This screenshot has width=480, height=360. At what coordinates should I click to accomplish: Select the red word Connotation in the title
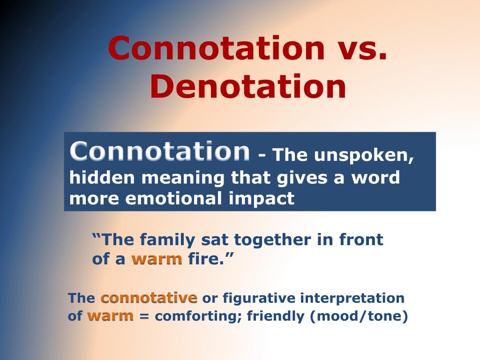point(216,48)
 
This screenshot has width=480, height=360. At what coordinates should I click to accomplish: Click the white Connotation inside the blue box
point(160,151)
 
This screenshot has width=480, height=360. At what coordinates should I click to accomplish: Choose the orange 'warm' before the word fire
point(157,259)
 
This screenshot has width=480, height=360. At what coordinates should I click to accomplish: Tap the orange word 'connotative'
point(149,298)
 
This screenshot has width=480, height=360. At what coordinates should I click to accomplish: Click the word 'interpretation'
point(352,298)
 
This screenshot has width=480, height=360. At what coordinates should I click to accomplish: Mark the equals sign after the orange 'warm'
point(144,316)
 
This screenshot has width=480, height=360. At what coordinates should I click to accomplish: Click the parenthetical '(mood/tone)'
point(359,316)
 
